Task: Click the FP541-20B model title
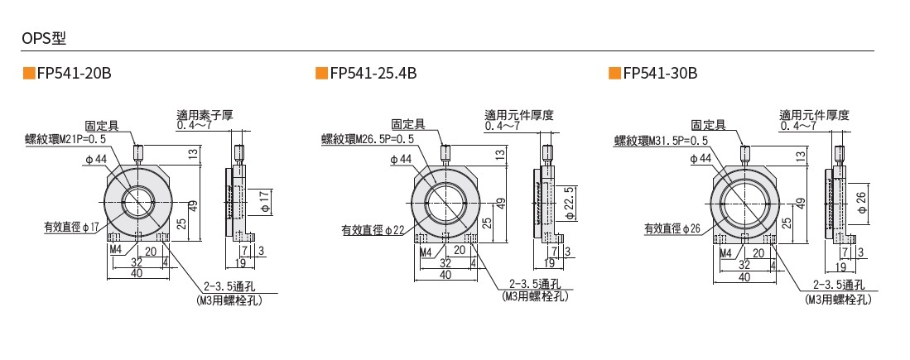click(73, 74)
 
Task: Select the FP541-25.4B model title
click(373, 74)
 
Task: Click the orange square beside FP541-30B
click(614, 74)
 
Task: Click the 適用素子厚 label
click(205, 115)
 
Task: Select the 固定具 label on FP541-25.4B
click(408, 123)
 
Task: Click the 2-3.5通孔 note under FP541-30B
click(839, 284)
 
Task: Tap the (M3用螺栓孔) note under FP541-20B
click(229, 301)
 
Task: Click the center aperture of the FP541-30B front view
click(743, 201)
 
